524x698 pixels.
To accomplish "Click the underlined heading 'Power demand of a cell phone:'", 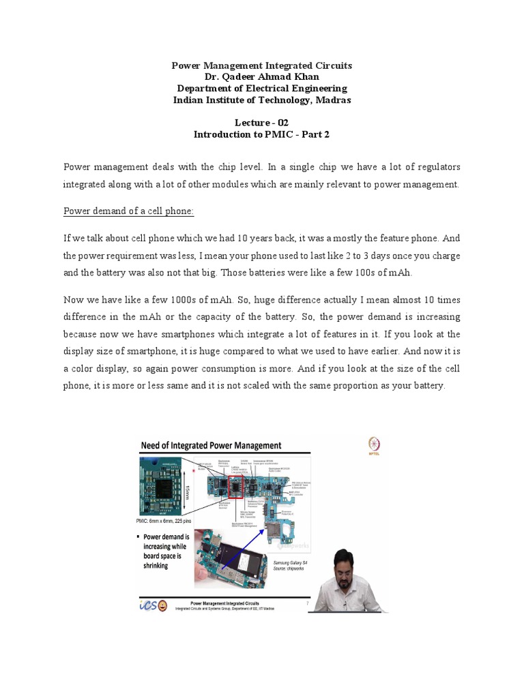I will click(129, 211).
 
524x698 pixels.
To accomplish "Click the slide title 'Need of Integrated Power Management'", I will click(211, 446).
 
